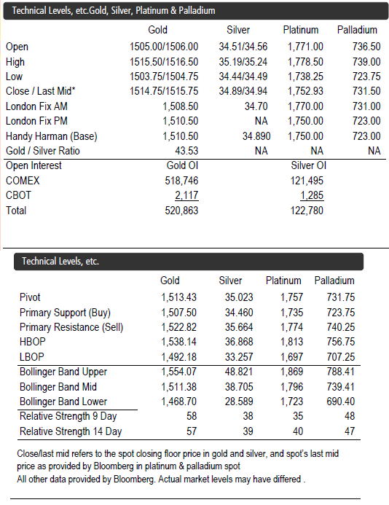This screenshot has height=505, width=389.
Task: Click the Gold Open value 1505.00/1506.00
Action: coord(164,47)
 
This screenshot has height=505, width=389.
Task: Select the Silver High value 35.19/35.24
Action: coord(243,62)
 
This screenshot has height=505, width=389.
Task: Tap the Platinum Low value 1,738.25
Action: coord(305,77)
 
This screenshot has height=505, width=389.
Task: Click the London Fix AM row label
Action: coord(36,106)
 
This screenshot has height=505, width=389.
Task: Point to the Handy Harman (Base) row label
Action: coord(52,136)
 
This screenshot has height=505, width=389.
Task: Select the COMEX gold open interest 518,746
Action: coord(181,181)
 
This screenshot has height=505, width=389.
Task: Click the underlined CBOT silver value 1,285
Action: coord(312,195)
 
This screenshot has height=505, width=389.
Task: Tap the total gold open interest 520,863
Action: coord(181,211)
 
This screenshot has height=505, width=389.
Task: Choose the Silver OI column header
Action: coord(308,165)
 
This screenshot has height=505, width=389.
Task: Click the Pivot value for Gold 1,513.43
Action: coord(178,297)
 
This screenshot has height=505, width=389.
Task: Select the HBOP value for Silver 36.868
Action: coord(239,342)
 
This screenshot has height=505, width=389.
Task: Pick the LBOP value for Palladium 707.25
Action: coord(341,357)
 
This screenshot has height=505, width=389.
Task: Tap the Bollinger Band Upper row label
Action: coord(63,372)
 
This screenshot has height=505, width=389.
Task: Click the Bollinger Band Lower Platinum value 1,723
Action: coord(291,402)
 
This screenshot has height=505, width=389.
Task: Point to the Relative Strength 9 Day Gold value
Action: coord(192,416)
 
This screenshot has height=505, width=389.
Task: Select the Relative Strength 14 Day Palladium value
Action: coord(350,431)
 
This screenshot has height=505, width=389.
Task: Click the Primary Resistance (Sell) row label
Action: coord(71,327)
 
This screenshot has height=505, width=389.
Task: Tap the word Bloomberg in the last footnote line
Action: coord(133,479)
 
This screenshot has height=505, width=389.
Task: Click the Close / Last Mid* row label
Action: coord(41,91)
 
